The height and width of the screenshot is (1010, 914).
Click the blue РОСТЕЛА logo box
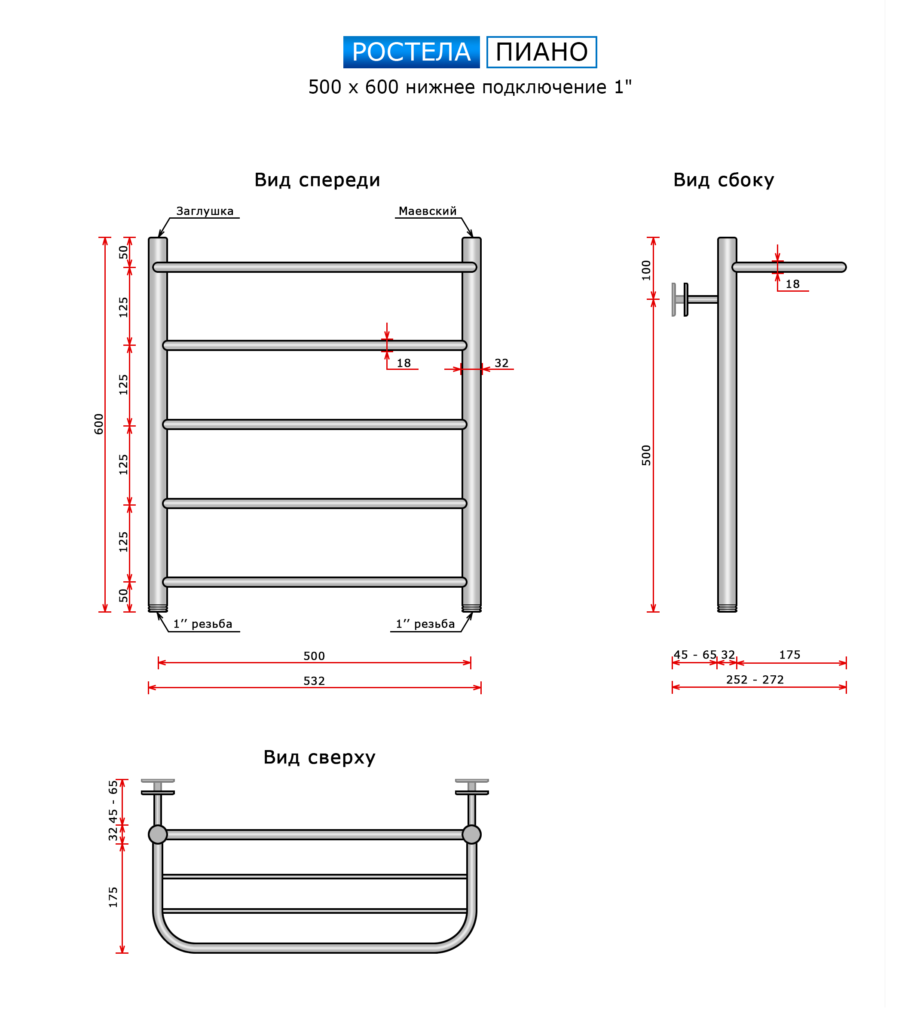[411, 52]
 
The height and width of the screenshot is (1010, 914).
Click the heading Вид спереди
[317, 180]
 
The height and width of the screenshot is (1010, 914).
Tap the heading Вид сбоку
[724, 180]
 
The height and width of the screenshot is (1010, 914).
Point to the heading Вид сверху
[319, 757]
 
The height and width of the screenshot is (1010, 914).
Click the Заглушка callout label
[205, 211]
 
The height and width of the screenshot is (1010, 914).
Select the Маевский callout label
[428, 211]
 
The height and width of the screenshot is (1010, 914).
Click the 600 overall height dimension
[99, 424]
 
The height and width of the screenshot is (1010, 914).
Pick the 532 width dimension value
[314, 681]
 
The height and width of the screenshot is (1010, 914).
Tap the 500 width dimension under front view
[314, 656]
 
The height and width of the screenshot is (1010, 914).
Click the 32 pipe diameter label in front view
[501, 363]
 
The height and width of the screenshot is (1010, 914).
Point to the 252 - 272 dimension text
[755, 679]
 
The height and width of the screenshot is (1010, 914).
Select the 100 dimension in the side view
[646, 270]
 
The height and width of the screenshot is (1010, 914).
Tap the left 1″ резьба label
[203, 624]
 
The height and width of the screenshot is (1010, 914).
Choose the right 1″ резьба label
[425, 624]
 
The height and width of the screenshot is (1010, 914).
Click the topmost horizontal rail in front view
[315, 267]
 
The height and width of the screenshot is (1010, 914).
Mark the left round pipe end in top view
[158, 835]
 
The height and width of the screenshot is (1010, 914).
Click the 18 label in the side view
[792, 284]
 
